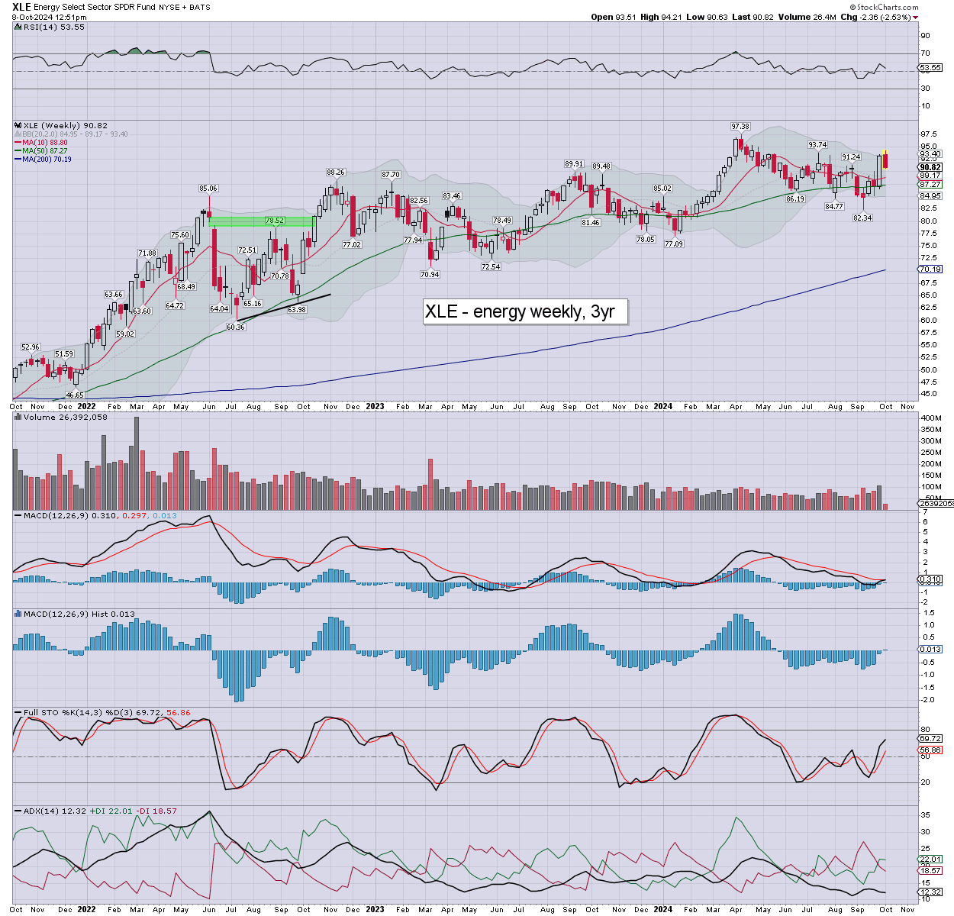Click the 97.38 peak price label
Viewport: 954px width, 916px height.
click(740, 127)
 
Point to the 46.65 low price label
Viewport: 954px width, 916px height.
click(75, 395)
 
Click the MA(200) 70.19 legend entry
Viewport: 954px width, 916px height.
click(47, 159)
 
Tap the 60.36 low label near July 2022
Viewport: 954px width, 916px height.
click(236, 327)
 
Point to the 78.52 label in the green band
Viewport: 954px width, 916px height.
click(275, 221)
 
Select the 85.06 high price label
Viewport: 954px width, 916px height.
click(208, 189)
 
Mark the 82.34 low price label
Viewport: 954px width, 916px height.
click(862, 218)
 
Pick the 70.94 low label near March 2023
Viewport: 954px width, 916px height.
click(430, 274)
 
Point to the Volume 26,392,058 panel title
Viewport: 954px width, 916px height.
click(66, 418)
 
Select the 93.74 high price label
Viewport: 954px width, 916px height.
click(817, 145)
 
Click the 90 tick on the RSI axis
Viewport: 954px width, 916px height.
click(925, 36)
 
